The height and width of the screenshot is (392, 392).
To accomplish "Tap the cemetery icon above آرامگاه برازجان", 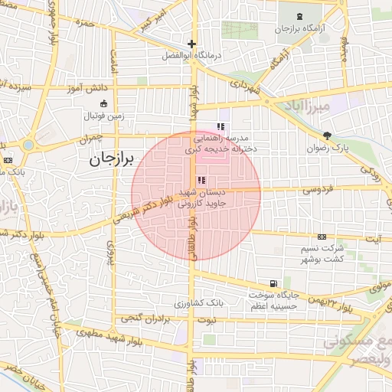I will pos(298,16).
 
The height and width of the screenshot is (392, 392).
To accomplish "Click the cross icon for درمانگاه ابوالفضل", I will pos(191,44).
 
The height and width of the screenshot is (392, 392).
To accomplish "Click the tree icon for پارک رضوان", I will pos(328,135).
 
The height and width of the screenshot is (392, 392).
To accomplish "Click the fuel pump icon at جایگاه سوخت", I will pos(274,283).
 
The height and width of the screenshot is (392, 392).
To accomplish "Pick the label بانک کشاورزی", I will pos(198,303).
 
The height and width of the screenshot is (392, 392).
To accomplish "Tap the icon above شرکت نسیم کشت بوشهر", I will pos(322,237).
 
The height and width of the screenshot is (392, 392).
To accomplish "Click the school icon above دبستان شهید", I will pos(201,181).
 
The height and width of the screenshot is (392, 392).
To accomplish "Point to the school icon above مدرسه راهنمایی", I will pos(220,126).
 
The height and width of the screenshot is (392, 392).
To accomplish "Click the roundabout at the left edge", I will pos(28,145).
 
